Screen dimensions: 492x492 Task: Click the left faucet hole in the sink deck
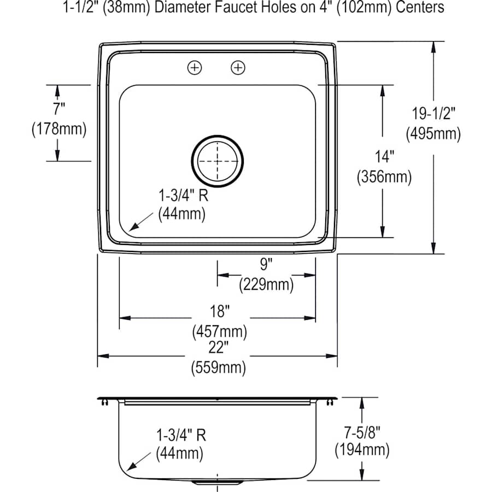tap(195, 68)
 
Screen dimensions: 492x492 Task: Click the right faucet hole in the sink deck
tap(238, 68)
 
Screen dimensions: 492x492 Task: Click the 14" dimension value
tap(384, 157)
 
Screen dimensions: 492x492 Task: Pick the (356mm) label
tap(384, 177)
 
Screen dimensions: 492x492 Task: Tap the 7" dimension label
tap(59, 109)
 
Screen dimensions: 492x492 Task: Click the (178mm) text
tap(59, 129)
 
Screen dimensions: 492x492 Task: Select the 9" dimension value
tap(266, 265)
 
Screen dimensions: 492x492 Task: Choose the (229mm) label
tap(266, 284)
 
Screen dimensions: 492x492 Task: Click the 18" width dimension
tap(219, 312)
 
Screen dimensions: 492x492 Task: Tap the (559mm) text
tap(218, 367)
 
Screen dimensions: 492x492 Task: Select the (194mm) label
tap(362, 450)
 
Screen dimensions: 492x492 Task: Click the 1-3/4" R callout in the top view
tap(182, 195)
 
